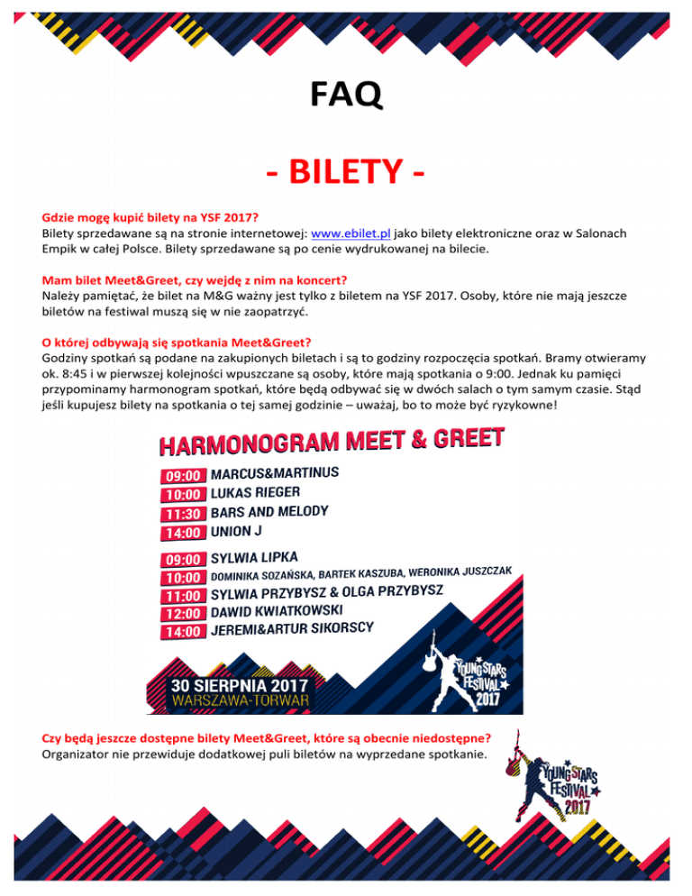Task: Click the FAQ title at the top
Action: point(346,92)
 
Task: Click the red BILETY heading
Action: point(346,170)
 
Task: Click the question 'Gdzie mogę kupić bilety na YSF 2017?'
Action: point(150,217)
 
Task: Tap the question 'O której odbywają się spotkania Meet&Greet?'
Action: point(177,342)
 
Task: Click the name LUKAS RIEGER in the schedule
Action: point(255,493)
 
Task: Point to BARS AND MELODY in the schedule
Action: point(269,512)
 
